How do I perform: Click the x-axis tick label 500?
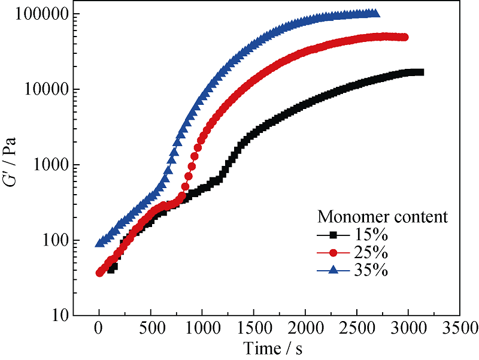[x=151, y=329]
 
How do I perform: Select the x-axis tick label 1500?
[x=254, y=329]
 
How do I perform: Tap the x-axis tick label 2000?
[x=305, y=329]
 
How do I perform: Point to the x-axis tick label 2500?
[x=357, y=329]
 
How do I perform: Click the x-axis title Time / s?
[x=277, y=348]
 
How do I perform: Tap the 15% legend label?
[x=374, y=234]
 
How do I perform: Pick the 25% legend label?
[x=374, y=252]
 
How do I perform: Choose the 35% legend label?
[x=374, y=270]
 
